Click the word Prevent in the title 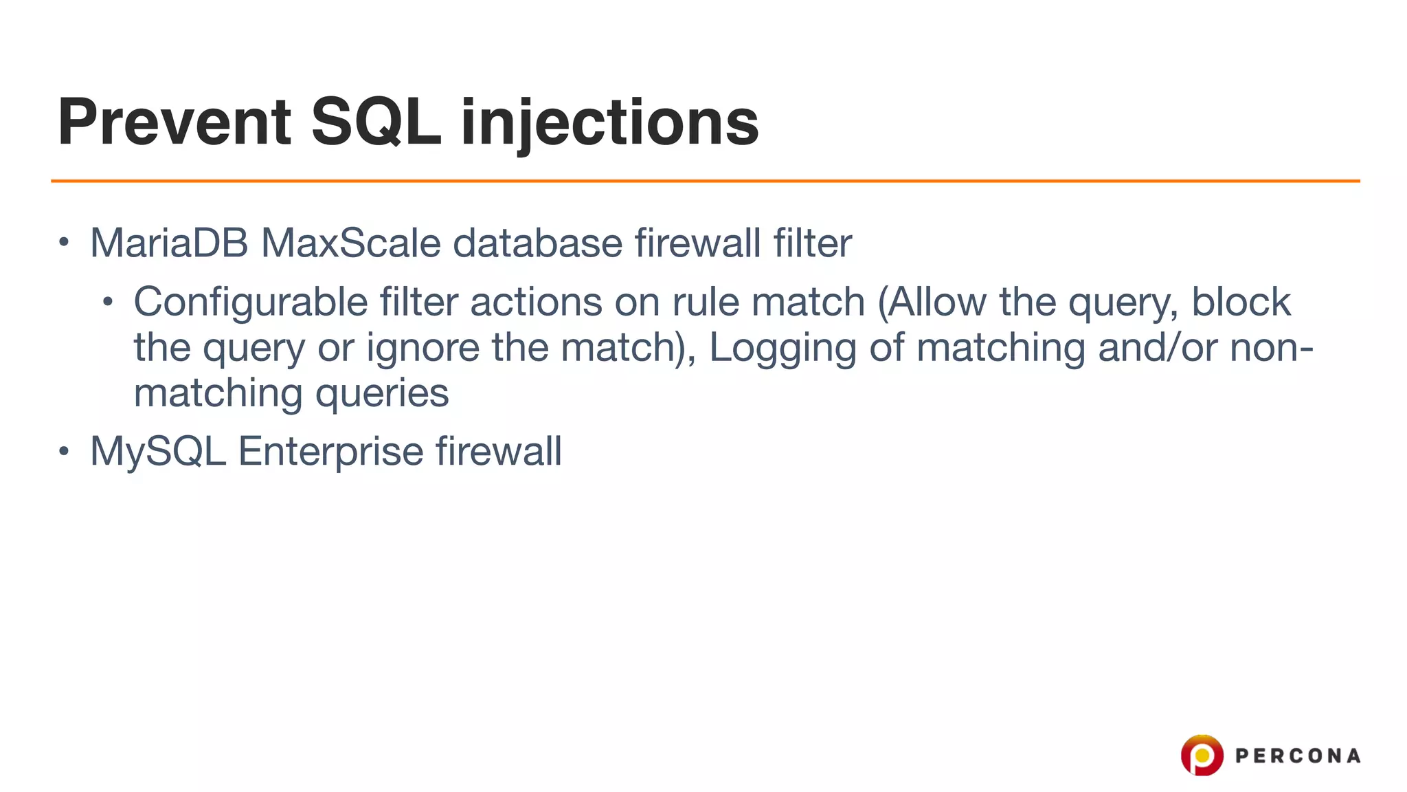pyautogui.click(x=175, y=122)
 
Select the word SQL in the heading pyautogui.click(x=376, y=122)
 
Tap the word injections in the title pyautogui.click(x=609, y=124)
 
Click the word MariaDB pyautogui.click(x=169, y=243)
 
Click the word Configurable pyautogui.click(x=251, y=302)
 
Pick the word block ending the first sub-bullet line pyautogui.click(x=1241, y=302)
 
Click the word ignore pyautogui.click(x=423, y=348)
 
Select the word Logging pyautogui.click(x=783, y=348)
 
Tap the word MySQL pyautogui.click(x=158, y=452)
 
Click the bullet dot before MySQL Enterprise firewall pyautogui.click(x=64, y=452)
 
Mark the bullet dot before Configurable pyautogui.click(x=108, y=302)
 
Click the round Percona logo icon pyautogui.click(x=1202, y=755)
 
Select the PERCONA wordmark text pyautogui.click(x=1297, y=756)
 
